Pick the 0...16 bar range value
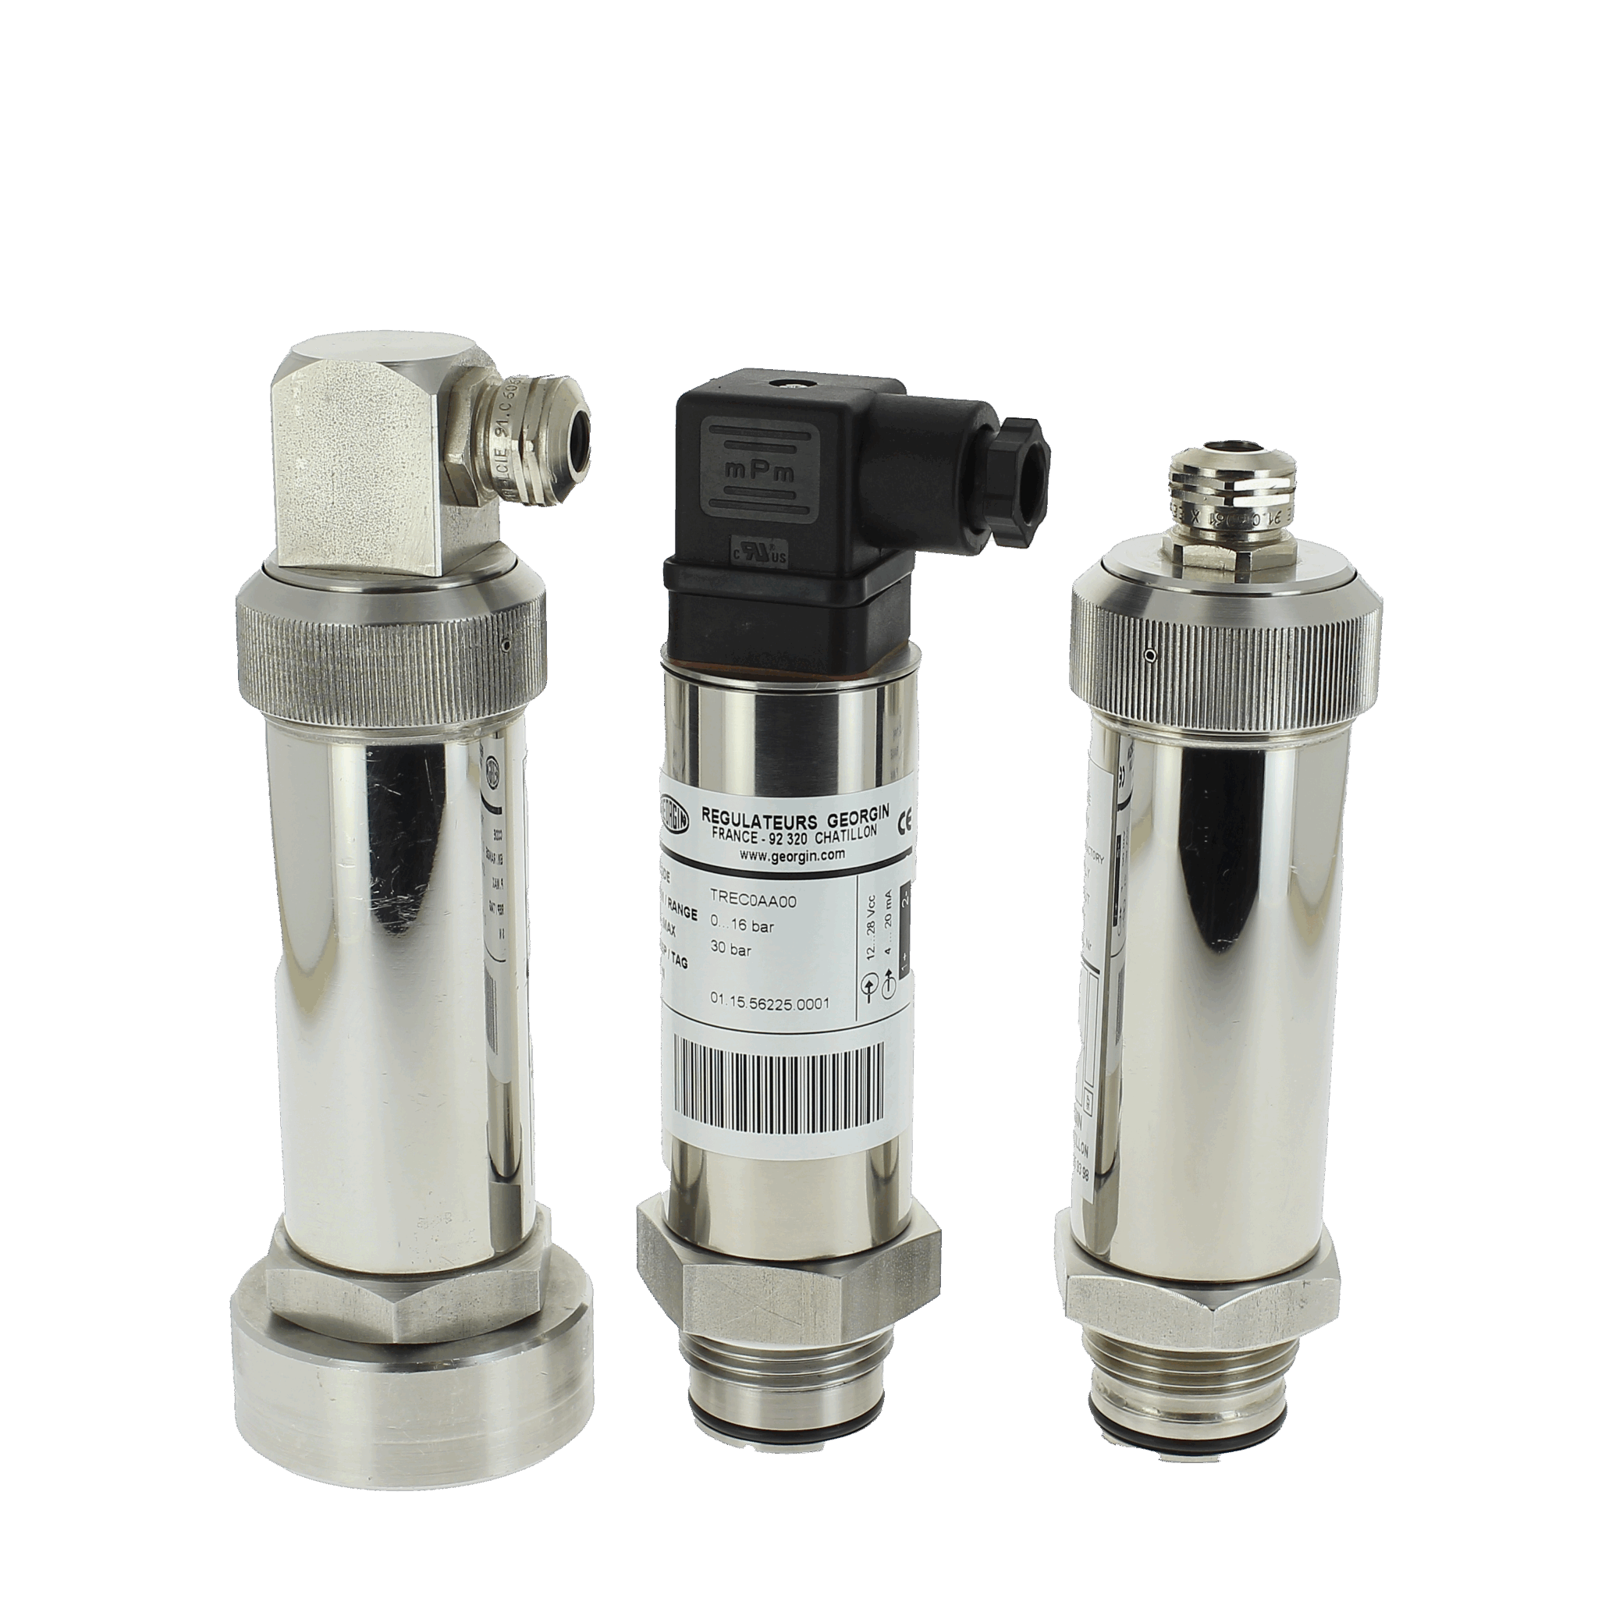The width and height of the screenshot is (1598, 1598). click(x=742, y=927)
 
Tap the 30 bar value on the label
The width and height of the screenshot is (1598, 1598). click(x=731, y=950)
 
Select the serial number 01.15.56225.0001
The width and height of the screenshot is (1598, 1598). click(x=769, y=1003)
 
